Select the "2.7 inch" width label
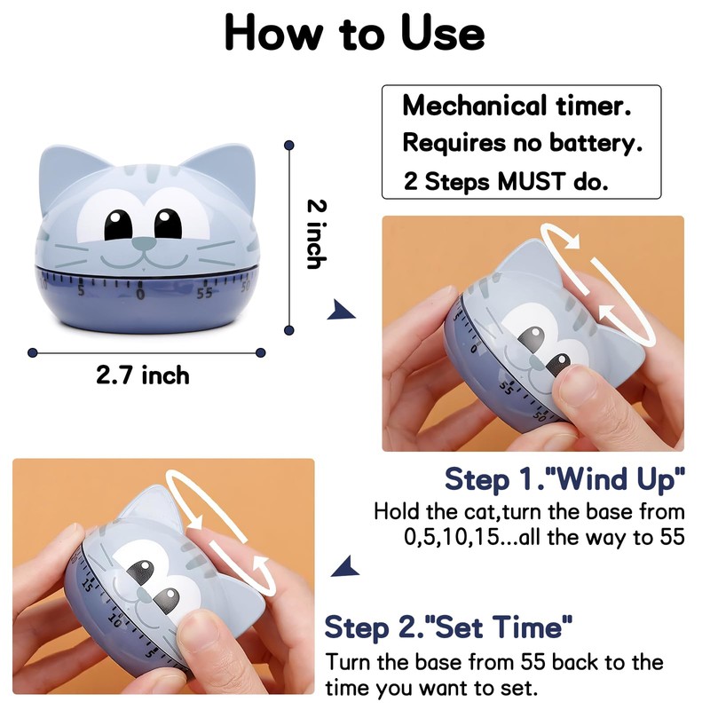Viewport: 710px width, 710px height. pos(143,375)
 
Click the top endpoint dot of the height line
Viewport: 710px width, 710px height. pos(288,141)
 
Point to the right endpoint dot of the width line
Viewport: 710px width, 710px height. pos(260,352)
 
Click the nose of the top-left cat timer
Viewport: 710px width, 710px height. pos(141,241)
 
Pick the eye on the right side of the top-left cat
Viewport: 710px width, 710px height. pos(167,224)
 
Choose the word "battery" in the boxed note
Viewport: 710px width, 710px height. pos(596,143)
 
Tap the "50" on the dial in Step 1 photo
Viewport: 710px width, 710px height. pos(539,415)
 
